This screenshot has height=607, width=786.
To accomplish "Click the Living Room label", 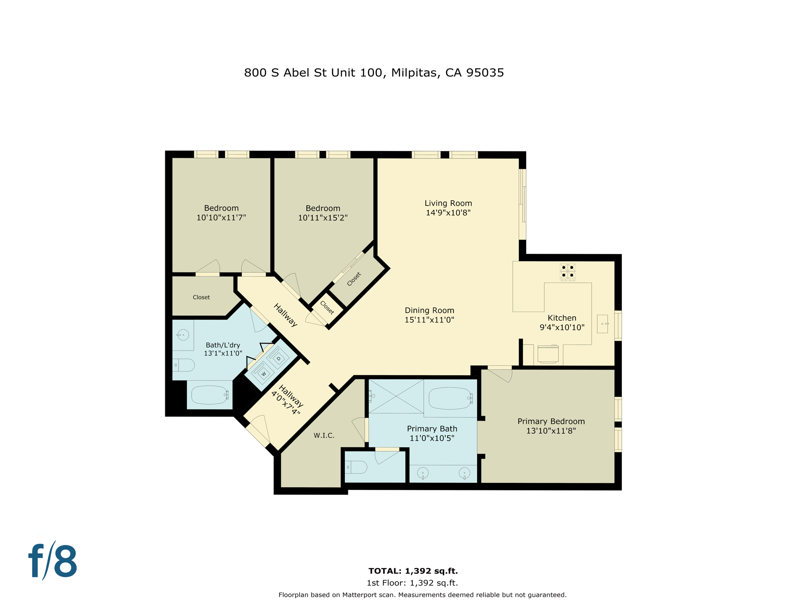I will coord(448,203).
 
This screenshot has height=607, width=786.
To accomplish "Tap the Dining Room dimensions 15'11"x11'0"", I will coord(429,320).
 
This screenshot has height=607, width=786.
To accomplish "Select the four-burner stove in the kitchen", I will coord(567,271).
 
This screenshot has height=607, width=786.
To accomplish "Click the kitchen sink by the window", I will coord(602,324).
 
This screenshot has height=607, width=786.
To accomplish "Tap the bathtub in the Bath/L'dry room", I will coord(210,394).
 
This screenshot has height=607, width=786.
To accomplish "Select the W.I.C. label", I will coord(324,435).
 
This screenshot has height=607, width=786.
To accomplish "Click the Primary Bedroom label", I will coord(551,421).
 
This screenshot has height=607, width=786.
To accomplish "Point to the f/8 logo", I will coord(53,560).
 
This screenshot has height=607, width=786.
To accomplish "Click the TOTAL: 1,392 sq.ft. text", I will coord(413,571).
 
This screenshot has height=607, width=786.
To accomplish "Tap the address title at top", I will coord(374,73).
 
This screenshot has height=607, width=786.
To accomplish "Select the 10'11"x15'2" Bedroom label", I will coord(323,213).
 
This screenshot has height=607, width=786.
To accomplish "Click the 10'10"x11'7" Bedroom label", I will coord(221,213).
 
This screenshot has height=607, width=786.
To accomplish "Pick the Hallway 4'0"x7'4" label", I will coord(288,400).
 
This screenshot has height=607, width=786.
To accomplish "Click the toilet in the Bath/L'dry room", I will coord(184,365).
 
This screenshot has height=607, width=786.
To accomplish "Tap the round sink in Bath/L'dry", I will coord(183,335).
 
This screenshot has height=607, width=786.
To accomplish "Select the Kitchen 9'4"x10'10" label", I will coord(561,322).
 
